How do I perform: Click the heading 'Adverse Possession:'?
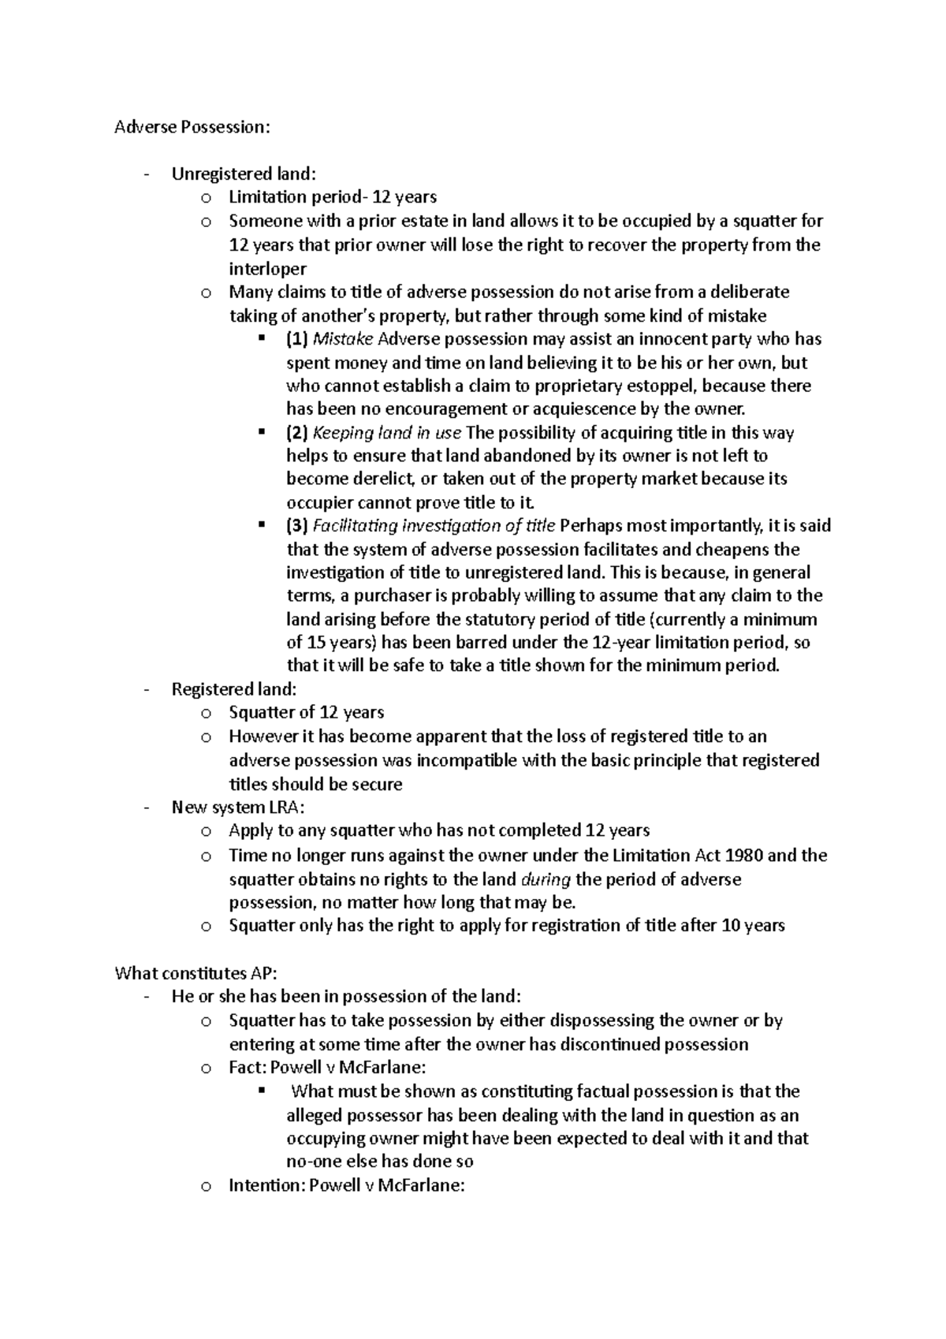pos(192,127)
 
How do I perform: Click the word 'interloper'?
pos(268,268)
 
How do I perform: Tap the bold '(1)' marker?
pos(297,339)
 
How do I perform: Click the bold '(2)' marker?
pos(297,432)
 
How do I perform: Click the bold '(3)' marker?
pos(297,525)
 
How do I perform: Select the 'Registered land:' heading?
pos(234,689)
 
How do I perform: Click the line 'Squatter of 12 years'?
pos(306,712)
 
